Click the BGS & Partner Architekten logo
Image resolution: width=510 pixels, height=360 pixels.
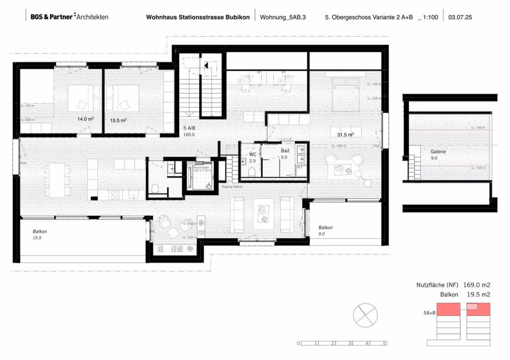pyautogui.click(x=69, y=17)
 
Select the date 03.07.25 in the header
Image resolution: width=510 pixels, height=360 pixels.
pyautogui.click(x=460, y=17)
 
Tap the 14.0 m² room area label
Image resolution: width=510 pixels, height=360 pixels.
pyautogui.click(x=85, y=119)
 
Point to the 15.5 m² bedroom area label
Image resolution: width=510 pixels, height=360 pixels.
pyautogui.click(x=118, y=120)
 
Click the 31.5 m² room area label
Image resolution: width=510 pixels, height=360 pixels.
pyautogui.click(x=345, y=135)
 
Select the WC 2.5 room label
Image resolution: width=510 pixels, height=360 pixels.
pyautogui.click(x=252, y=157)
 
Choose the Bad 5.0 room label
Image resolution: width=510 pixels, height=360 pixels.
pyautogui.click(x=285, y=155)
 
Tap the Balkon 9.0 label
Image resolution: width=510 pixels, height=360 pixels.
pyautogui.click(x=326, y=230)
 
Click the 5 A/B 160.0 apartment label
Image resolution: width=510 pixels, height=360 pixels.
pyautogui.click(x=190, y=132)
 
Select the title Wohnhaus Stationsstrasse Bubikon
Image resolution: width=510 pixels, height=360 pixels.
pyautogui.click(x=198, y=17)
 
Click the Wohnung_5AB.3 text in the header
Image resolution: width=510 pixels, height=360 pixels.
pyautogui.click(x=283, y=17)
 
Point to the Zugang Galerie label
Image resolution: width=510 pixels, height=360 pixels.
pyautogui.click(x=232, y=187)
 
